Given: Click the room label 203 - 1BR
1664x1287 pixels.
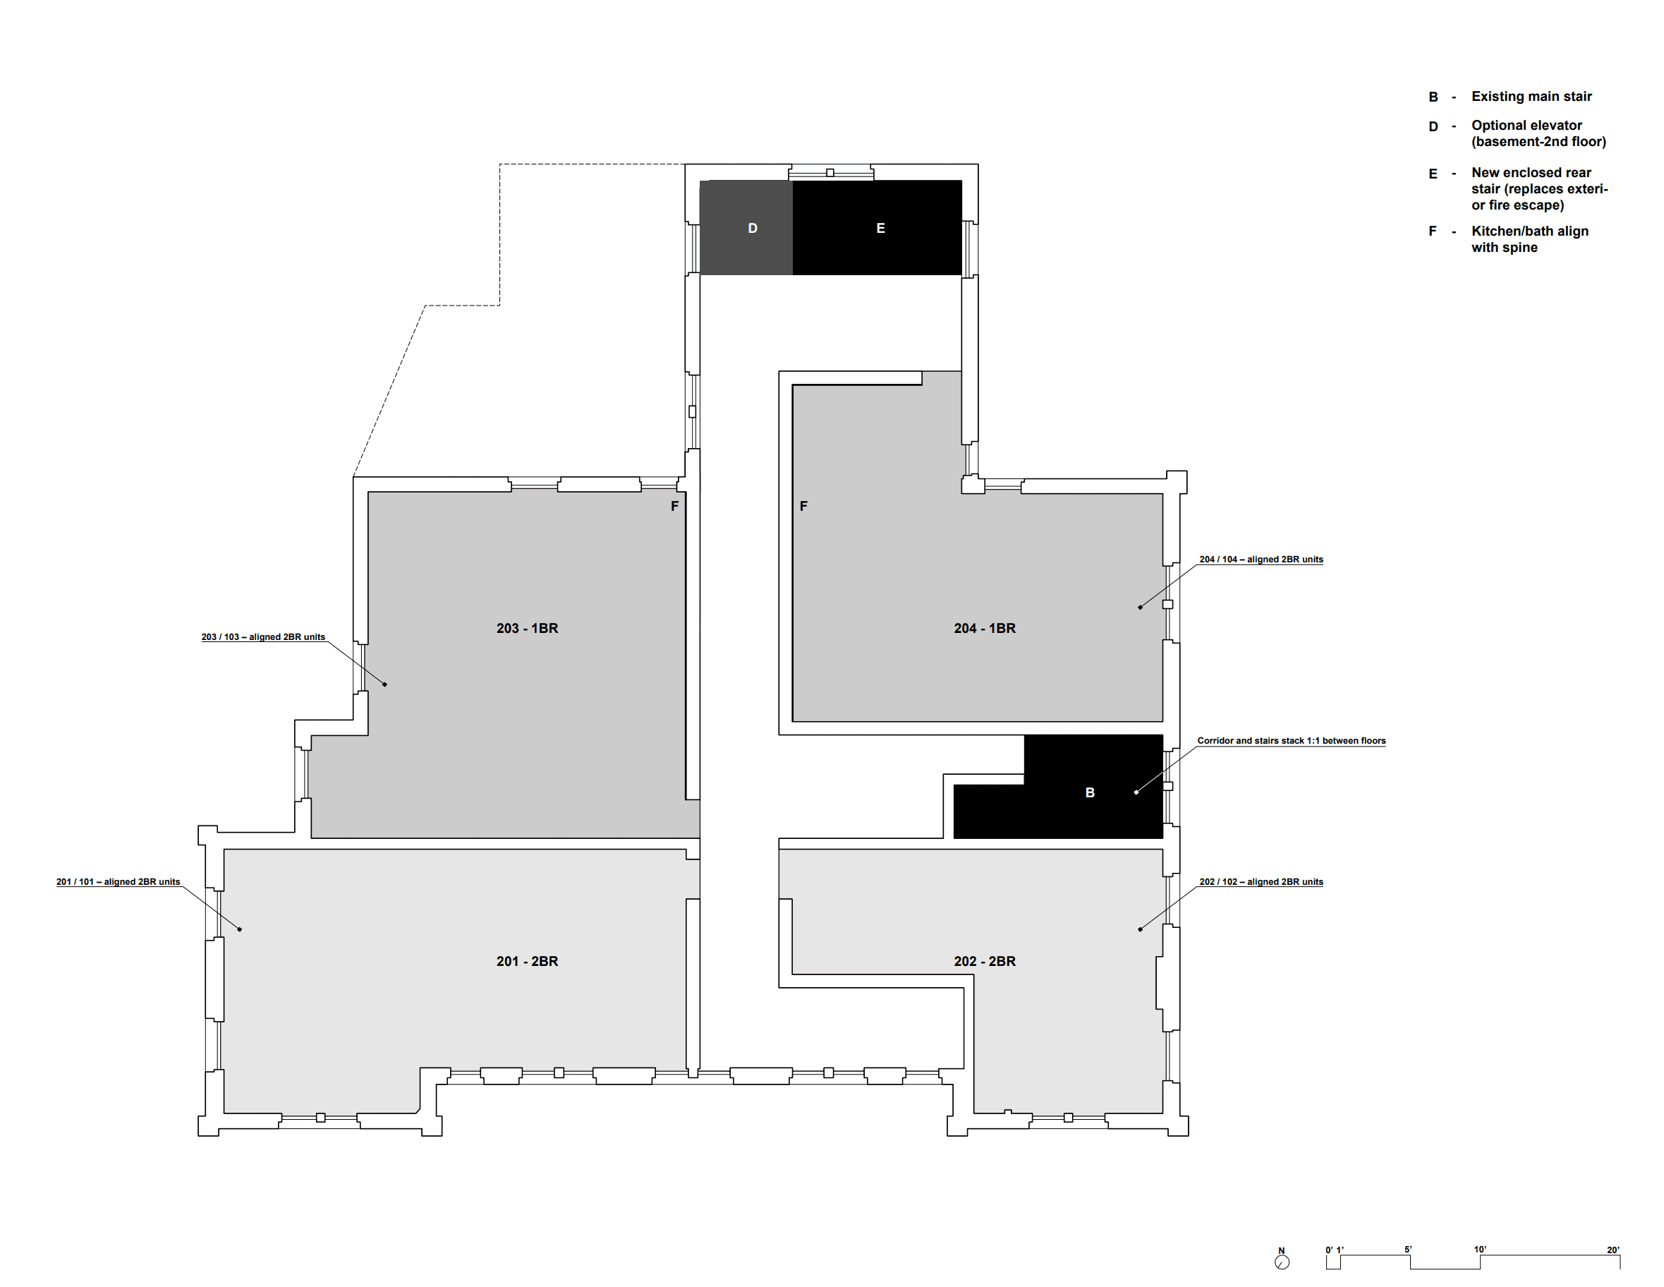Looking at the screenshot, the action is pyautogui.click(x=527, y=629).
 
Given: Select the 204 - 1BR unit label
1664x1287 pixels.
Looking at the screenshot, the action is pyautogui.click(x=985, y=629).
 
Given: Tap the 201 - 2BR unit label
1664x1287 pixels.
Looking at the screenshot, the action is pyautogui.click(x=527, y=962).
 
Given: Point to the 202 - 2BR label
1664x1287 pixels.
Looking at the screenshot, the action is pyautogui.click(x=985, y=962).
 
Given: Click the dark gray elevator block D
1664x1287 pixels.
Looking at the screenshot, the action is pyautogui.click(x=746, y=228).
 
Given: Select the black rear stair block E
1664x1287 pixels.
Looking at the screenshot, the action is pyautogui.click(x=877, y=228).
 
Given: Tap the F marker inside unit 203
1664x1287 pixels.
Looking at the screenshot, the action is pyautogui.click(x=674, y=506).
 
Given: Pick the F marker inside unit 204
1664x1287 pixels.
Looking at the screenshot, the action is pyautogui.click(x=803, y=506).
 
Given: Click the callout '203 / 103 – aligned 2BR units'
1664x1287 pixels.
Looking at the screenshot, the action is pyautogui.click(x=263, y=637).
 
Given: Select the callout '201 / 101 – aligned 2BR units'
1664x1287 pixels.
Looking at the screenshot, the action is pyautogui.click(x=118, y=881).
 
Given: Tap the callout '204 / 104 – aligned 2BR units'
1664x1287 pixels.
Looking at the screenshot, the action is pyautogui.click(x=1261, y=560).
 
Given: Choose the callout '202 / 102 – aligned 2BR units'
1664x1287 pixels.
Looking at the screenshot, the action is pyautogui.click(x=1261, y=881).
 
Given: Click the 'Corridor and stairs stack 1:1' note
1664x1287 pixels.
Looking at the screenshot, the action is pyautogui.click(x=1292, y=741).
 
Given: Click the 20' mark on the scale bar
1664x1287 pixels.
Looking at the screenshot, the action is pyautogui.click(x=1613, y=1250).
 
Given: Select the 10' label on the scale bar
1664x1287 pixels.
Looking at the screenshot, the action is pyautogui.click(x=1480, y=1250).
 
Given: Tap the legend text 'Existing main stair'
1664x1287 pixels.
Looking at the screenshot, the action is pyautogui.click(x=1531, y=97).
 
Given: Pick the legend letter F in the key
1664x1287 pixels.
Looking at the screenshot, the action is pyautogui.click(x=1433, y=231).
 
